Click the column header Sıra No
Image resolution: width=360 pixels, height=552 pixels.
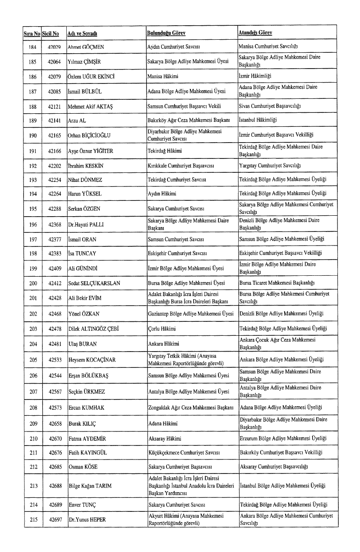[x=32, y=33]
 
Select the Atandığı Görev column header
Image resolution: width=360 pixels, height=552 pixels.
[x=255, y=33]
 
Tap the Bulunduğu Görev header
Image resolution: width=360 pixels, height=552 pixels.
[x=166, y=33]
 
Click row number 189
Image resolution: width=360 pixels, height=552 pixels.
[x=32, y=121]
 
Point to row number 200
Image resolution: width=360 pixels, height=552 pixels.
[x=32, y=283]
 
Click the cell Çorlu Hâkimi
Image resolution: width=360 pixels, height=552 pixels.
[x=162, y=328]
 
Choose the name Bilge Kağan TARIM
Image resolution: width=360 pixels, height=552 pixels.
[x=89, y=486]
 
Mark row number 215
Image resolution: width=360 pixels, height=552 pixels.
[x=32, y=520]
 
